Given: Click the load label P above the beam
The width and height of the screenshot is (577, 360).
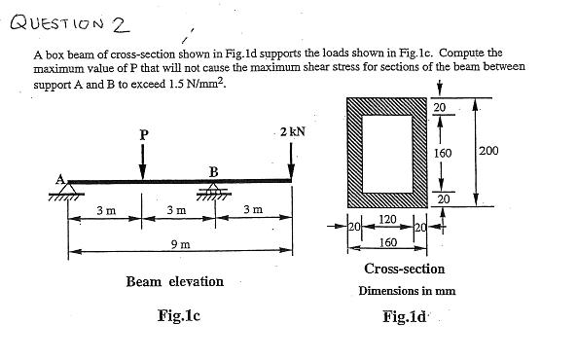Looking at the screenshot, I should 144,135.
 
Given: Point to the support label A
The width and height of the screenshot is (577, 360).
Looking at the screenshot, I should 59,177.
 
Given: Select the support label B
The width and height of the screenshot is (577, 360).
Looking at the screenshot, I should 213,171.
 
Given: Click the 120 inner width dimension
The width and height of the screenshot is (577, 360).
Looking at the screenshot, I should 388,222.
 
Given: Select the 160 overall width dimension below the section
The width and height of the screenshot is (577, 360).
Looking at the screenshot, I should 387,241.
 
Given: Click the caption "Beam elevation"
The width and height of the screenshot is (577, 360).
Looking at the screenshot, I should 175,281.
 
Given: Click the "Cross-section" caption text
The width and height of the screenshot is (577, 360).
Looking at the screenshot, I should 404,269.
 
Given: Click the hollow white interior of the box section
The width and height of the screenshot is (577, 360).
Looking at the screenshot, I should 387,152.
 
